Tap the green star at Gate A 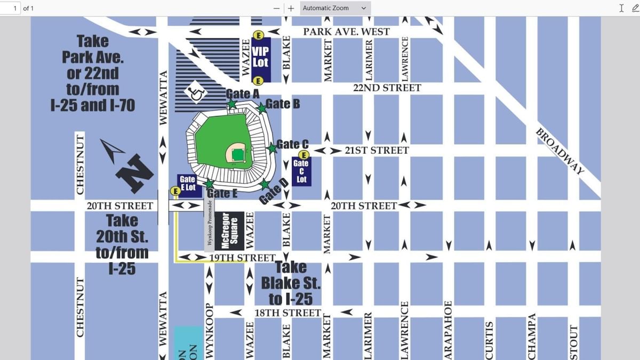pos(232,104)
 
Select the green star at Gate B pos(262,108)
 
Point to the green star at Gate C pos(272,148)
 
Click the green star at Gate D pos(265,185)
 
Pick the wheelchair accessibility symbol pos(196,93)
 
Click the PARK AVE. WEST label pos(347,32)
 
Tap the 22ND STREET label pos(387,88)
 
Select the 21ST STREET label pos(377,150)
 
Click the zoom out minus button pos(277,8)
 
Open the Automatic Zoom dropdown pos(335,8)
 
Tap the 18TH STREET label pos(287,313)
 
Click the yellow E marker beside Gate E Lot pos(174,191)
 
